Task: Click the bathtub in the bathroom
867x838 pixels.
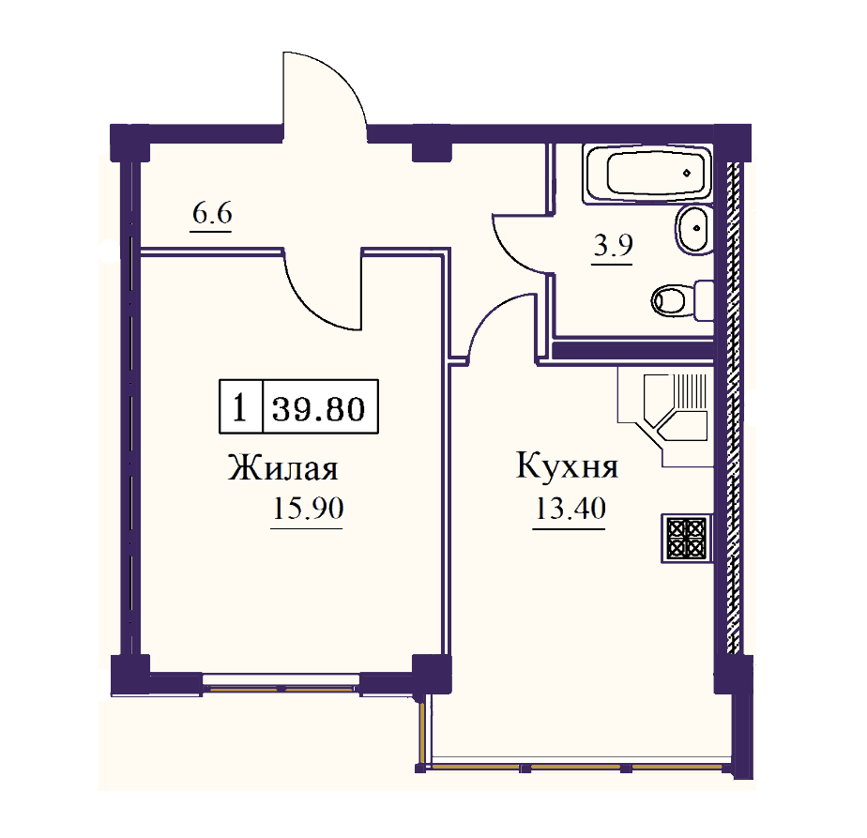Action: click(x=646, y=174)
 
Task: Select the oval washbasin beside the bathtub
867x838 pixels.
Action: click(x=692, y=230)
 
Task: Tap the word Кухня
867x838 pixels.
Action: click(x=567, y=467)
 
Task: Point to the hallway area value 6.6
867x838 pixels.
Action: click(x=212, y=215)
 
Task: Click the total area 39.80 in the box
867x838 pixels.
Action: click(x=319, y=408)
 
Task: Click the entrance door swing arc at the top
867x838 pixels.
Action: click(x=324, y=89)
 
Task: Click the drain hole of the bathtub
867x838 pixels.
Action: click(x=688, y=174)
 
